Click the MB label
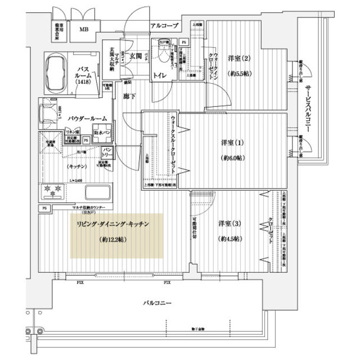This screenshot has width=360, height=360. click(84, 30)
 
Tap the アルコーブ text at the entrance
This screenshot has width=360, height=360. click(164, 25)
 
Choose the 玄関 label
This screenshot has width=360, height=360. click(136, 55)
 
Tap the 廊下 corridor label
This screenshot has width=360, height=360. click(129, 97)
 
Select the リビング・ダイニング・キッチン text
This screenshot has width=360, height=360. click(112, 224)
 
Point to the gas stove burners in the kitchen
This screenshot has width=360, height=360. click(53, 191)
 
